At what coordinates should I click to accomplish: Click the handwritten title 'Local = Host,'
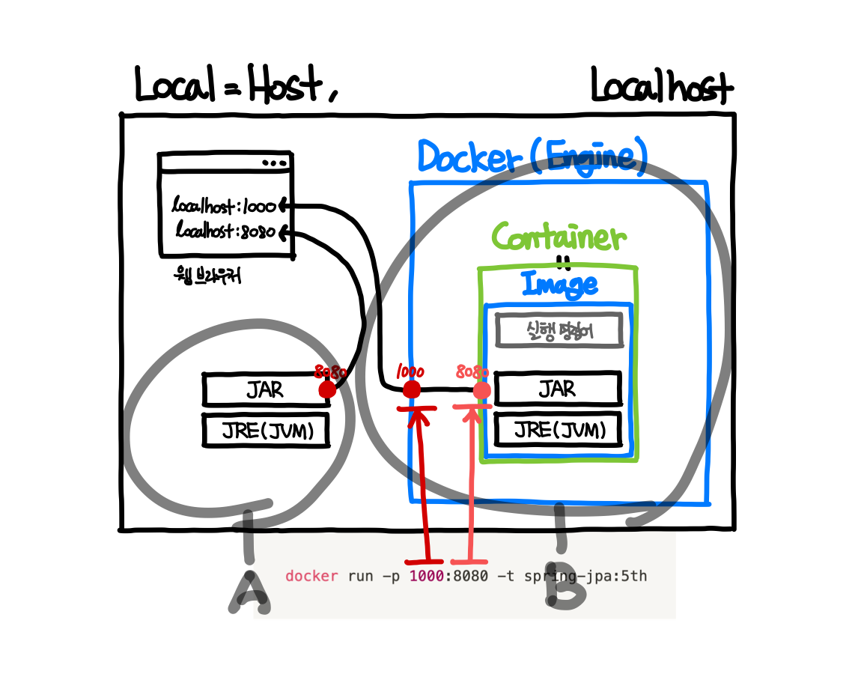tap(236, 84)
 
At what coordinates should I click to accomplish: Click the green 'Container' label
tap(559, 237)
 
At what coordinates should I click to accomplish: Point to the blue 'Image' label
tap(559, 284)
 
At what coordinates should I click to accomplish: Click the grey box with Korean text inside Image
tap(559, 330)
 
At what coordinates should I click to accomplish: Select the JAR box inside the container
tap(558, 389)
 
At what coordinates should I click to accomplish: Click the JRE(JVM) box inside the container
tap(558, 430)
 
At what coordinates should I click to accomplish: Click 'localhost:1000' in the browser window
tap(224, 204)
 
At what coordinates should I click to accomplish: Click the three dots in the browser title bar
tap(273, 163)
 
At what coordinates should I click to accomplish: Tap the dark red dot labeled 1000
tap(411, 389)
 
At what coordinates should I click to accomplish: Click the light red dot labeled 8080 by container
tap(482, 390)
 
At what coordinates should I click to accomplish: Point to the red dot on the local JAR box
tap(327, 389)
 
